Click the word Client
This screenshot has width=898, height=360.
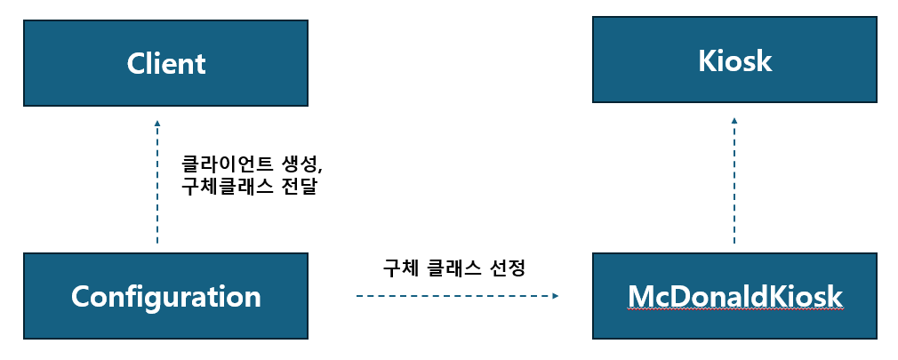click(x=165, y=64)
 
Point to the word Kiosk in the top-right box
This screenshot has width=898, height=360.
click(x=734, y=61)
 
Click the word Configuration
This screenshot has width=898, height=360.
click(x=165, y=296)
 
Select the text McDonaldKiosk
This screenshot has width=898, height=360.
click(x=734, y=296)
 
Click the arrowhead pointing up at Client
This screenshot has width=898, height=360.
click(x=157, y=124)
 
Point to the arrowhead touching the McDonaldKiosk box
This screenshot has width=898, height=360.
click(x=556, y=295)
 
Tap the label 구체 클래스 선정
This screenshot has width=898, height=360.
click(x=454, y=268)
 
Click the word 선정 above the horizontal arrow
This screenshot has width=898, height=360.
click(x=508, y=268)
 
